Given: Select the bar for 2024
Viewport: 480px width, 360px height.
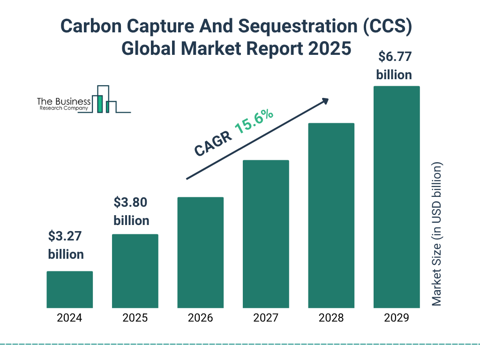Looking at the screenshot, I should click(69, 289).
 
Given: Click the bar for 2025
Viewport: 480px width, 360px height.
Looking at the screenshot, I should click(135, 271).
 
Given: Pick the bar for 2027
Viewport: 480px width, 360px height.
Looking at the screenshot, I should click(266, 234).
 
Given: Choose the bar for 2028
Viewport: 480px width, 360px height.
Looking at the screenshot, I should click(331, 216).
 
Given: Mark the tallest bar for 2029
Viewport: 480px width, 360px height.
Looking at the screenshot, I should click(397, 197).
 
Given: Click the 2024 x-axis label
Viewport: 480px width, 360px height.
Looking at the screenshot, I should click(69, 318).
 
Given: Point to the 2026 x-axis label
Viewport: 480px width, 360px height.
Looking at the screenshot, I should click(200, 318).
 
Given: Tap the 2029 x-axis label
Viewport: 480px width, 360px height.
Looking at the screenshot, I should click(397, 318).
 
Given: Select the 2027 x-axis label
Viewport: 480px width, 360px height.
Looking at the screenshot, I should click(266, 318).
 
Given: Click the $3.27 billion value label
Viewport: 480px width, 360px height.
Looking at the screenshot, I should click(66, 245).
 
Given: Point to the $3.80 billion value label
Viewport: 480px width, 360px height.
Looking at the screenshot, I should click(131, 211).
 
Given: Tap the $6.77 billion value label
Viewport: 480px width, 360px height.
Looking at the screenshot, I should click(394, 66).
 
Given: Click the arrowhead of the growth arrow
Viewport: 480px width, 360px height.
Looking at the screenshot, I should click(325, 101).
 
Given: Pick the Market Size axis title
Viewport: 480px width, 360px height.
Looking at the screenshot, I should click(437, 234).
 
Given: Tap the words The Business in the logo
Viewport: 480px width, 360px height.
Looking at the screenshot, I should click(64, 102).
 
